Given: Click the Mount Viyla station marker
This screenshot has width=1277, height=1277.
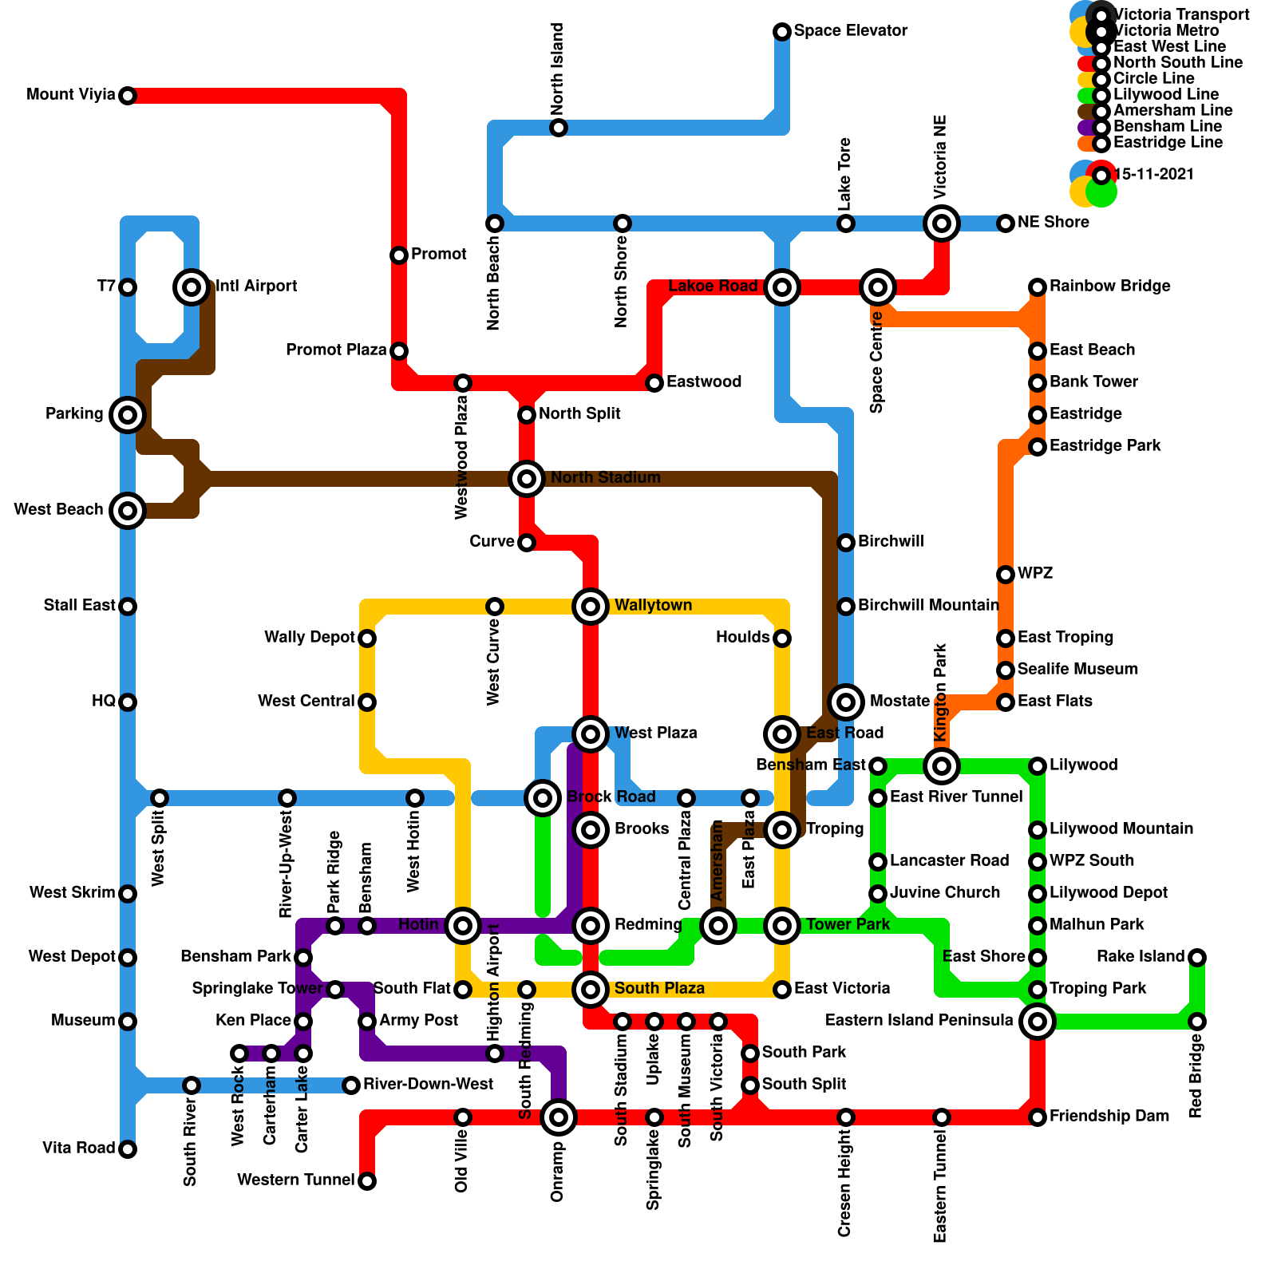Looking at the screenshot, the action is click(x=128, y=96).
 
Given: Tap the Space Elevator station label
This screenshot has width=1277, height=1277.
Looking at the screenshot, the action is click(x=851, y=31).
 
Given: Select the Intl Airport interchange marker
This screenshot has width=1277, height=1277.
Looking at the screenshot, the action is click(x=192, y=287).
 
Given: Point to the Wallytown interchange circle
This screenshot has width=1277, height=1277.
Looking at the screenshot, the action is click(x=591, y=607).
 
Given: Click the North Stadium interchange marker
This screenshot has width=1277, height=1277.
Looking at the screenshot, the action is click(x=527, y=479).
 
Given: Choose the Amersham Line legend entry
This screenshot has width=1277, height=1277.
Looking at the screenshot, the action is click(x=1172, y=111).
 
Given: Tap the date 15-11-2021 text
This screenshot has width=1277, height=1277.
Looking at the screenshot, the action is click(x=1153, y=175).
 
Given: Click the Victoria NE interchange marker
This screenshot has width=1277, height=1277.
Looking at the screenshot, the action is click(x=942, y=223).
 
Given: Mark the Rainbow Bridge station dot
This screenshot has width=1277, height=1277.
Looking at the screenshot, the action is click(x=1038, y=287).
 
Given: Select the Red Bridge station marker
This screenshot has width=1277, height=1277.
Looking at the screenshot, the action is click(x=1197, y=1022).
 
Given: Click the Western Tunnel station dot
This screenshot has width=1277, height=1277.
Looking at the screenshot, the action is click(x=367, y=1181).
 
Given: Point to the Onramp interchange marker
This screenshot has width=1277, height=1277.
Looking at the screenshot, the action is click(x=559, y=1117).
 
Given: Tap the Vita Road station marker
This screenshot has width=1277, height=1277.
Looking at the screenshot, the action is click(x=128, y=1149).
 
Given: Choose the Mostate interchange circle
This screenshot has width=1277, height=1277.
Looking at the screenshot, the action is click(x=846, y=702).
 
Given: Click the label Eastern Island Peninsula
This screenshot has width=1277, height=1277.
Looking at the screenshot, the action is click(x=919, y=1021).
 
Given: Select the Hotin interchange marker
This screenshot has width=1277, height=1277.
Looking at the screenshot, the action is click(x=463, y=926).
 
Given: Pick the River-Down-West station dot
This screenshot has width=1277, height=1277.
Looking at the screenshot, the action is click(x=351, y=1085).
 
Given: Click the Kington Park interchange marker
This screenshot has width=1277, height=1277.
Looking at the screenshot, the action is click(x=942, y=766).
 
